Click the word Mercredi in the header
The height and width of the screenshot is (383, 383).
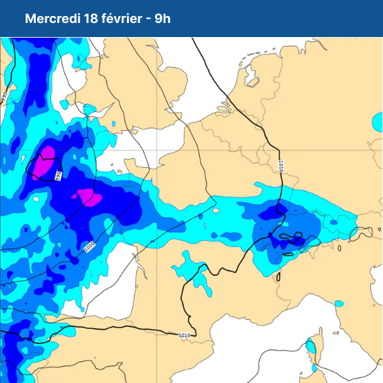(x=52, y=19)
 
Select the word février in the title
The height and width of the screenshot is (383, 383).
(x=121, y=19)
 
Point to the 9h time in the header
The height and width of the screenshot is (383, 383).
(x=163, y=19)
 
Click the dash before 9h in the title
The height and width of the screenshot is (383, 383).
(x=149, y=19)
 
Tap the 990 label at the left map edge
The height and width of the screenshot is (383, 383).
(x=4, y=97)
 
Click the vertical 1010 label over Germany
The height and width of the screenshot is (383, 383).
(x=280, y=167)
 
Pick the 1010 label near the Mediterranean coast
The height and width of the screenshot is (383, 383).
(x=184, y=334)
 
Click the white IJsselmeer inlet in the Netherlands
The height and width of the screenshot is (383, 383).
(x=251, y=77)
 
